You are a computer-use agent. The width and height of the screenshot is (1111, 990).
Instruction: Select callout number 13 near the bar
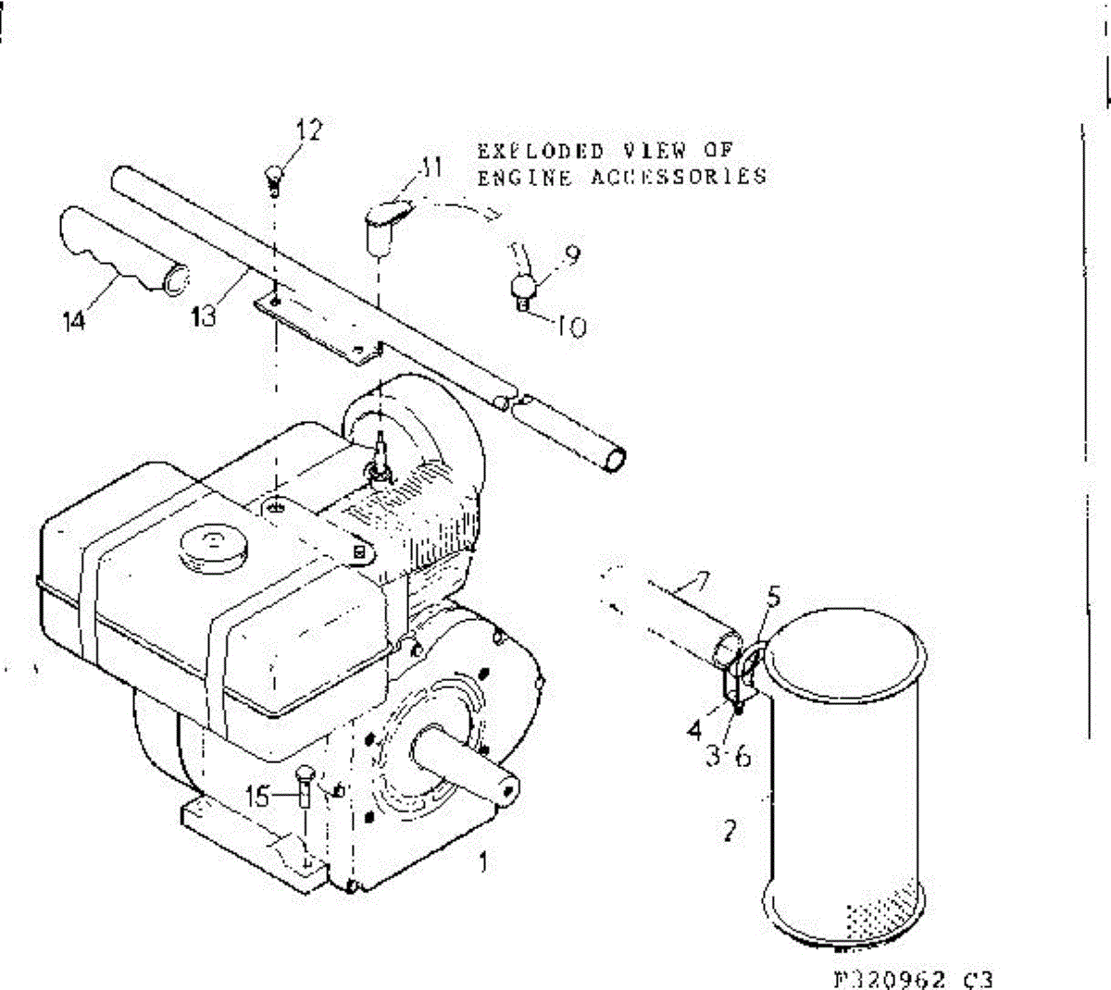[x=204, y=316]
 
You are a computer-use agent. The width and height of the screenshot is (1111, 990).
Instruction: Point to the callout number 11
[x=430, y=167]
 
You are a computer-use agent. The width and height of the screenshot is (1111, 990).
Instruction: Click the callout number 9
[x=571, y=254]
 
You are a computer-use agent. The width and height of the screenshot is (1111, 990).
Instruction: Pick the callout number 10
[x=574, y=327]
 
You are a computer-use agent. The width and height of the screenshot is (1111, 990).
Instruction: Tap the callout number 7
[x=701, y=583]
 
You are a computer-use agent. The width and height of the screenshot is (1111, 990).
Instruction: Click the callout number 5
[x=773, y=597]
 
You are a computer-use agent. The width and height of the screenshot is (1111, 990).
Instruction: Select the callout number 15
[x=260, y=795]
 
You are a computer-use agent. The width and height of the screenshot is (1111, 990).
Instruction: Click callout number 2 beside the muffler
[x=730, y=830]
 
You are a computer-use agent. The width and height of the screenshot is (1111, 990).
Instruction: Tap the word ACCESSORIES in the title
[x=679, y=176]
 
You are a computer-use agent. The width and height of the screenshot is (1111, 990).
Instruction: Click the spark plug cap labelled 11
[x=380, y=224]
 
